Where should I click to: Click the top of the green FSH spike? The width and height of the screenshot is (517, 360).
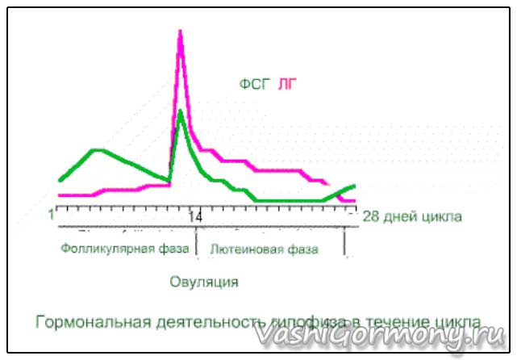pos(181,111)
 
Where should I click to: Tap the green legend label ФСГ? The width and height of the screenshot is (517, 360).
pos(253,84)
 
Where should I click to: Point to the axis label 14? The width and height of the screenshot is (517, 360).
pos(195,217)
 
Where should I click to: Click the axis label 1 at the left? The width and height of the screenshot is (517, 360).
pos(52,216)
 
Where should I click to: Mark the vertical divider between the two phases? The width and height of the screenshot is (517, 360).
pos(196,246)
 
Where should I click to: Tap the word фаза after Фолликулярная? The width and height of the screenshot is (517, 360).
pos(173,248)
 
